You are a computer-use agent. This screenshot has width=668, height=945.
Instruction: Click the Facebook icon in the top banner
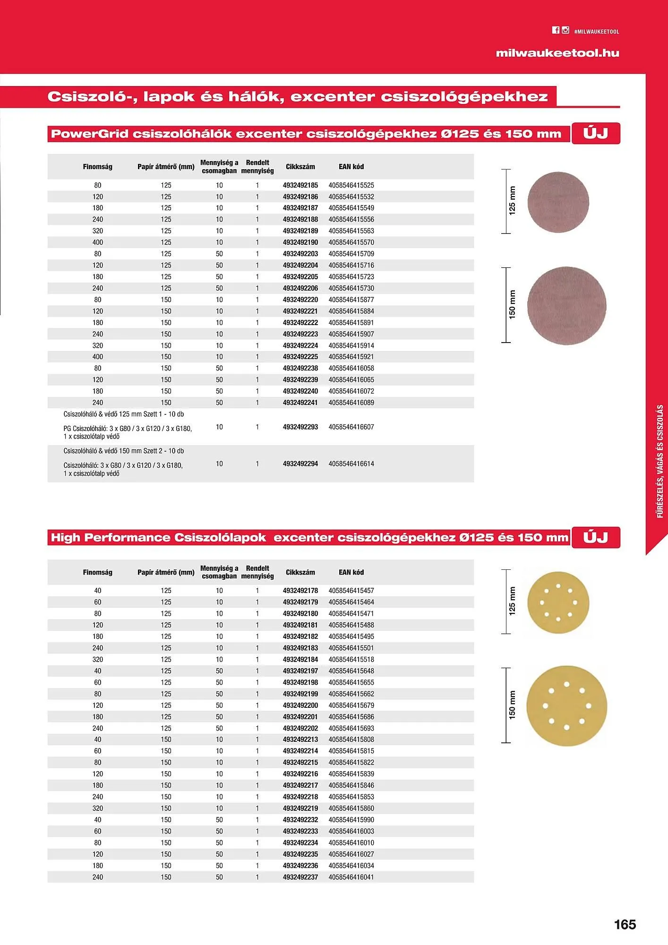pos(556,30)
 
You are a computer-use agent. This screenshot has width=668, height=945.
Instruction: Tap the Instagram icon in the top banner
pos(565,30)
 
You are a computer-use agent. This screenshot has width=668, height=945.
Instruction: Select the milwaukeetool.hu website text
pos(557,53)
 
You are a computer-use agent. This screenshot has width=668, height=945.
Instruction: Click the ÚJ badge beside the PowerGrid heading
pos(596,133)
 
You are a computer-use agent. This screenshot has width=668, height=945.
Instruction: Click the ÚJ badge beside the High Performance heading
pos(596,537)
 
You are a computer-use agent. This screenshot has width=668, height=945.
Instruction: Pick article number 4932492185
pos(300,185)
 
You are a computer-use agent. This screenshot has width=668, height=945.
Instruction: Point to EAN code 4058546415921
pos(351,357)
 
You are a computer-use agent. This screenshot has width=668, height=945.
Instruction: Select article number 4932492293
pos(300,427)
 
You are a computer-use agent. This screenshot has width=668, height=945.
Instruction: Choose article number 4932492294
pos(300,464)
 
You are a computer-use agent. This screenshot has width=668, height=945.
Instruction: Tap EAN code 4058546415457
pos(351,591)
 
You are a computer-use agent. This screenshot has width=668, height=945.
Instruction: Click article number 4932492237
pos(300,877)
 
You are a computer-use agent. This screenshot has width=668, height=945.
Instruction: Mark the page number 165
pos(625,925)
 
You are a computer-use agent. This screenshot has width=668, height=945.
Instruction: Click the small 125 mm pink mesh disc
pos(558,202)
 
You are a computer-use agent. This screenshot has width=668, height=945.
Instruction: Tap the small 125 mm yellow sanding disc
pos(558,602)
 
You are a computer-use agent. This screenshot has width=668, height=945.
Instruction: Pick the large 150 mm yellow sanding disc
pos(566,706)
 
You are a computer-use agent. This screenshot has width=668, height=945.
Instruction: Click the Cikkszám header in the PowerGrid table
pos(300,167)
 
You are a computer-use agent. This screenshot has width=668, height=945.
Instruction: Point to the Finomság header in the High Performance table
pos(98,572)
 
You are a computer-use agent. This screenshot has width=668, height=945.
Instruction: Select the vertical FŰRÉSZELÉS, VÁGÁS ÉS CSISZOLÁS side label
pos(660,461)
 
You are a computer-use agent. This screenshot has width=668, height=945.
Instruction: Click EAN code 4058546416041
pos(351,877)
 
